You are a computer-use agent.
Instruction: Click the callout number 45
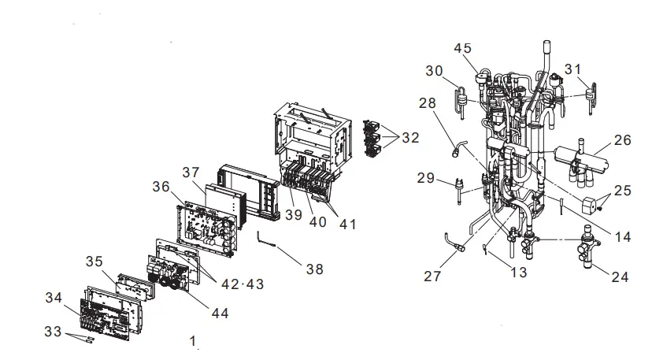pyautogui.click(x=463, y=49)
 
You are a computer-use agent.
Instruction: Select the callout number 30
pyautogui.click(x=435, y=71)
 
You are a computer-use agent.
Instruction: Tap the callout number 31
pyautogui.click(x=572, y=69)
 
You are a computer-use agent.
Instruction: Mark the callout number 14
pyautogui.click(x=601, y=236)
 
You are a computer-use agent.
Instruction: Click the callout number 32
pyautogui.click(x=410, y=137)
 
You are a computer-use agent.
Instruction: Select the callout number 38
pyautogui.click(x=315, y=269)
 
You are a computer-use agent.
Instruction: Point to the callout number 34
pyautogui.click(x=53, y=297)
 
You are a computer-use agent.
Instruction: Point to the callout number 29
pyautogui.click(x=426, y=179)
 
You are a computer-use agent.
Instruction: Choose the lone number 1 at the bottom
pyautogui.click(x=192, y=340)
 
